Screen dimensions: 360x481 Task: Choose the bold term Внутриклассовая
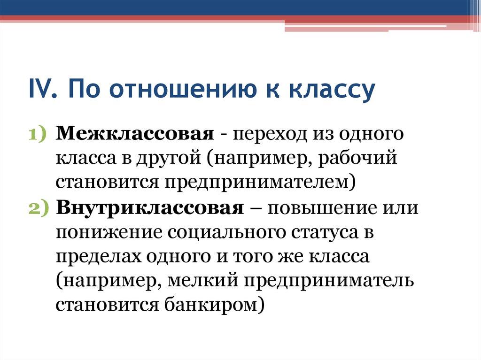tap(149, 208)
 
